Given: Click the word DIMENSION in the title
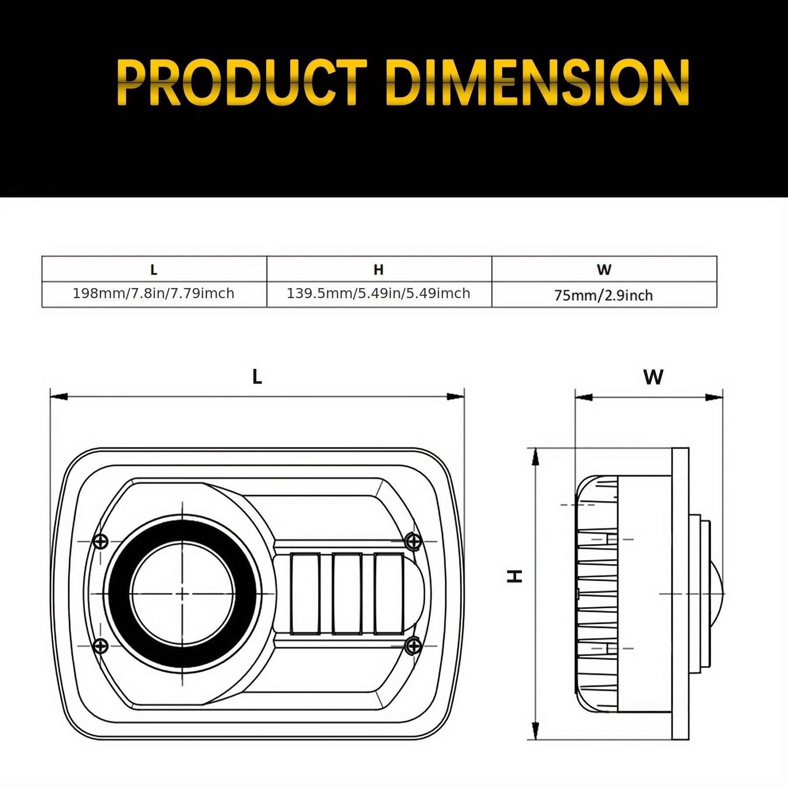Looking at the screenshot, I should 538,83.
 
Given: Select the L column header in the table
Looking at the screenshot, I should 154,270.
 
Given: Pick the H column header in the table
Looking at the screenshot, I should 379,270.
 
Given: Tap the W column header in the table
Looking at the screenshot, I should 604,270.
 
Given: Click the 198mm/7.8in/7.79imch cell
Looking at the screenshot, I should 154,293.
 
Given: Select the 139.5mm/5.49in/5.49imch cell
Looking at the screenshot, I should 379,293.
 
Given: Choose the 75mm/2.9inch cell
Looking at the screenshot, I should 604,295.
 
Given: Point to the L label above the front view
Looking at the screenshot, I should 257,377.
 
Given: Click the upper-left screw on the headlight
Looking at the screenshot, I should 101,541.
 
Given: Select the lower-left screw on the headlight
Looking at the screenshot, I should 101,645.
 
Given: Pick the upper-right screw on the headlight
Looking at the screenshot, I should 412,541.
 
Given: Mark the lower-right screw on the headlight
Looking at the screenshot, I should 412,645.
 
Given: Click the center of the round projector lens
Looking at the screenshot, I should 182,594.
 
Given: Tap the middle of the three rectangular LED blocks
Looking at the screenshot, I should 346,594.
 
